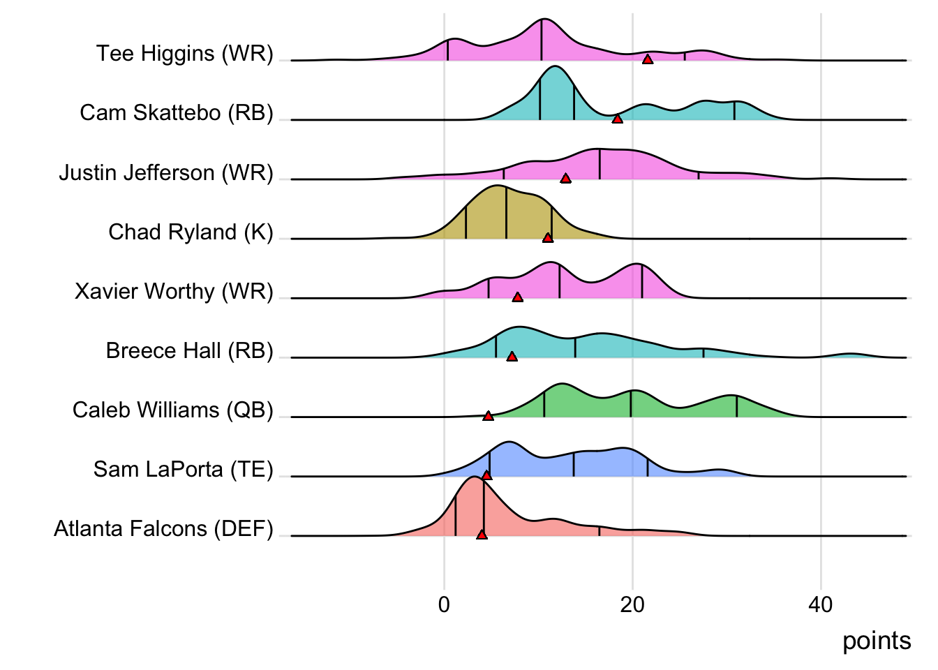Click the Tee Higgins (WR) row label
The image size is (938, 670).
click(185, 54)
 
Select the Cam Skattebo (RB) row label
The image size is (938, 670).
click(177, 113)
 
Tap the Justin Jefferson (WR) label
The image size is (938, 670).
click(166, 172)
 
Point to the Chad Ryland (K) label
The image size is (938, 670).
click(191, 232)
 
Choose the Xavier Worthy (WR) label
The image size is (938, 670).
click(174, 291)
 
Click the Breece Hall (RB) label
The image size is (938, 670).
click(189, 350)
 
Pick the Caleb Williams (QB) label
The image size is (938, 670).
click(173, 410)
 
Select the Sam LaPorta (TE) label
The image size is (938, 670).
click(184, 469)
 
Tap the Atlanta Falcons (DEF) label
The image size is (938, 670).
click(163, 529)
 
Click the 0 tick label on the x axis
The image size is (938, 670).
click(445, 604)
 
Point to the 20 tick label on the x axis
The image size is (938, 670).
click(632, 604)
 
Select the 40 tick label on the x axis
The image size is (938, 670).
click(821, 604)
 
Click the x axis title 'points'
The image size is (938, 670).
click(877, 641)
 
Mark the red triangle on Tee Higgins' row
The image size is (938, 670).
click(648, 59)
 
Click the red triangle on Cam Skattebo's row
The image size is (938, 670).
click(617, 119)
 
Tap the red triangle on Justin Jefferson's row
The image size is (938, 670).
click(566, 179)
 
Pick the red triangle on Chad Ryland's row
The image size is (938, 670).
click(548, 238)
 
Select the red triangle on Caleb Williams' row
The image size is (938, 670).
click(489, 416)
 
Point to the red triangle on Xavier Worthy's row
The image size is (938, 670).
click(517, 297)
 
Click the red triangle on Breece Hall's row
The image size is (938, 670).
click(512, 357)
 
